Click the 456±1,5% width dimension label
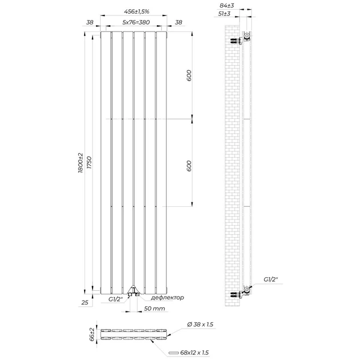tap(137, 11)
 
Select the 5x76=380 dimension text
tap(136, 22)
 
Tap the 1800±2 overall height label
tap(81, 163)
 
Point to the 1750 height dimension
tap(89, 163)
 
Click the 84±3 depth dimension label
tap(227, 6)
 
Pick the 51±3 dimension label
tap(224, 14)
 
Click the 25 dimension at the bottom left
tap(85, 302)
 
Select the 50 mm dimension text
tap(154, 309)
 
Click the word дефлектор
tap(167, 298)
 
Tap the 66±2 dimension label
tap(92, 334)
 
